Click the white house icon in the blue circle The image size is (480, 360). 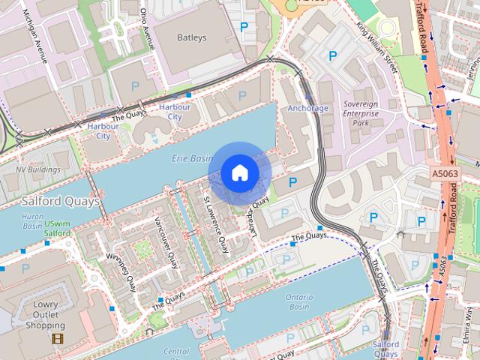point(239,173)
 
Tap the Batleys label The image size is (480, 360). point(191,37)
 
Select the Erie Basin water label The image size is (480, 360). point(191,159)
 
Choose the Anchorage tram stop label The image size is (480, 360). point(308,108)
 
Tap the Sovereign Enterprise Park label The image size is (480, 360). point(361,110)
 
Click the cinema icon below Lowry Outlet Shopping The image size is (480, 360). point(57,338)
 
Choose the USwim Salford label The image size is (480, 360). point(57,229)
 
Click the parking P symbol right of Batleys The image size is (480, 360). point(244,27)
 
